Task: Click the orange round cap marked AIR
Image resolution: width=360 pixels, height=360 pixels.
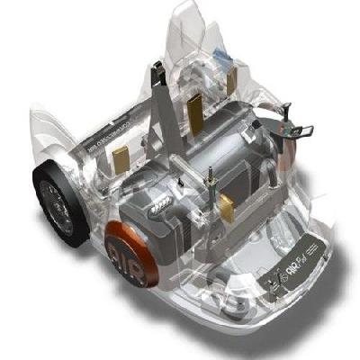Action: [131, 252]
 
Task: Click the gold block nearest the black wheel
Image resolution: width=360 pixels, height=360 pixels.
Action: [119, 161]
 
